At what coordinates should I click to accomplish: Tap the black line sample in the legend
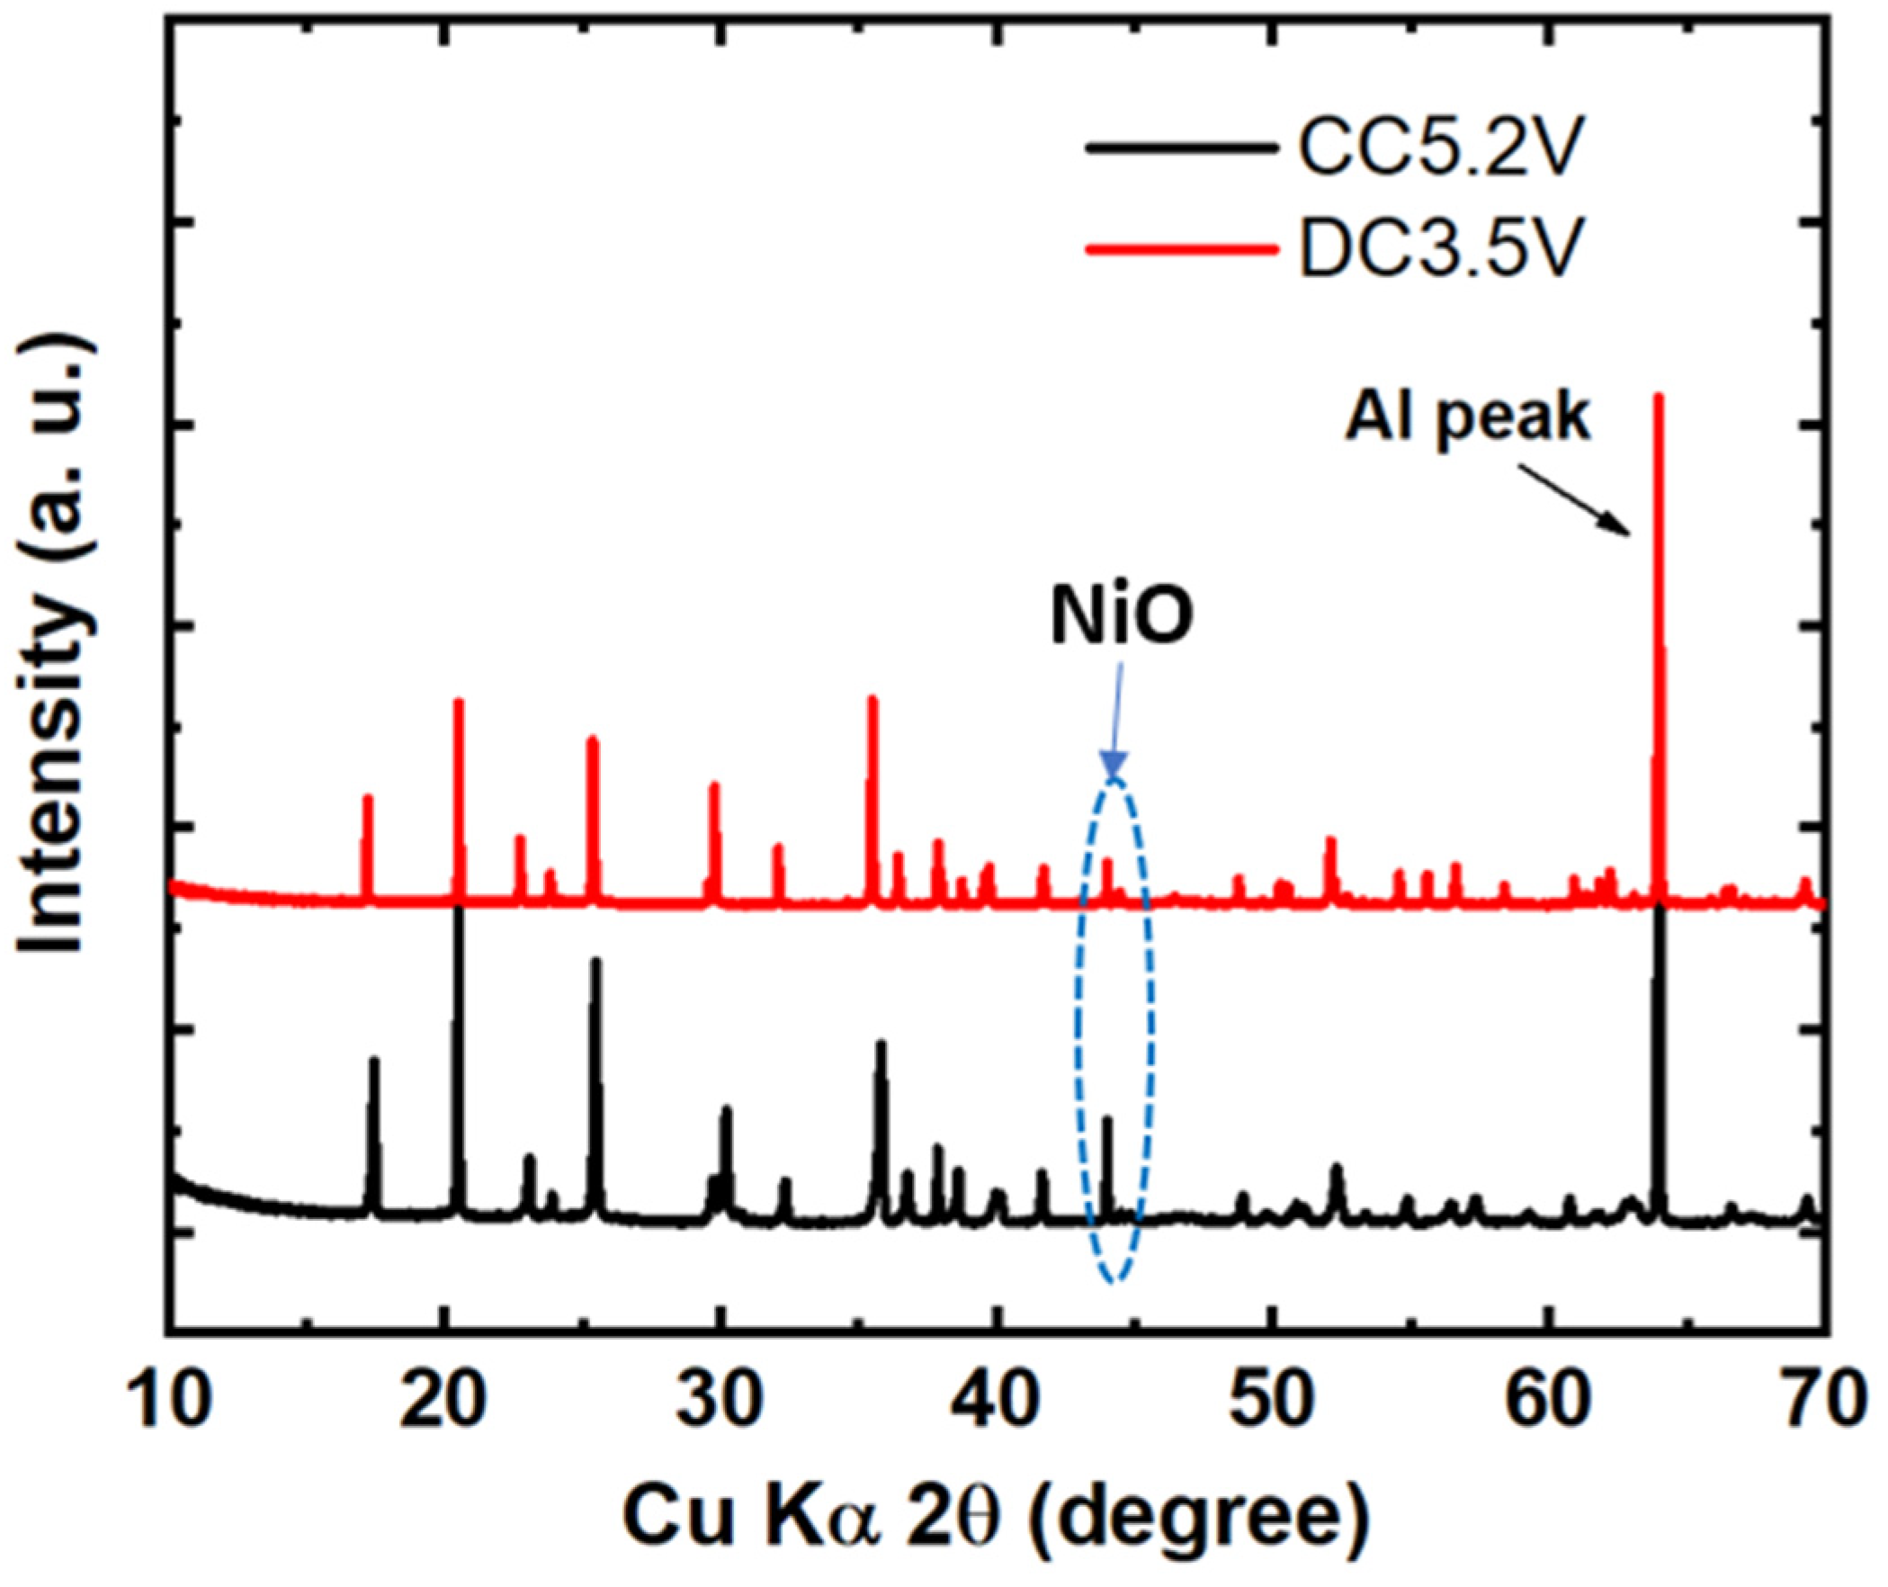coord(1181,149)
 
